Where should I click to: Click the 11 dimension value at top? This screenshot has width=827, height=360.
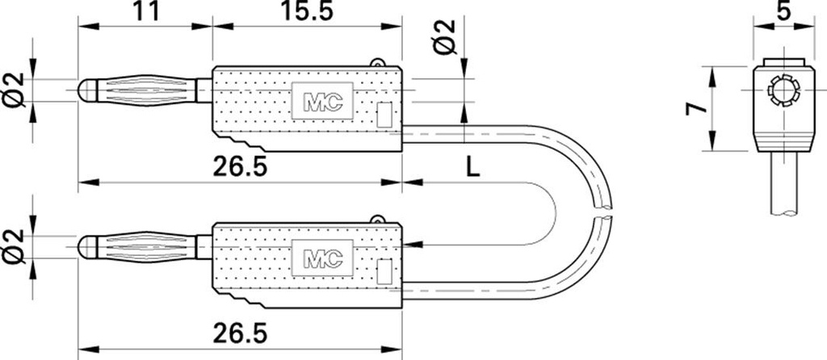pyautogui.click(x=145, y=10)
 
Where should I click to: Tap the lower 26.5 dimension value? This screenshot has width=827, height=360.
pyautogui.click(x=240, y=333)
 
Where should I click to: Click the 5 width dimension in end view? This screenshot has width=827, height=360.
pyautogui.click(x=783, y=10)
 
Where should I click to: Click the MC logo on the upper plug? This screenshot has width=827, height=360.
pyautogui.click(x=322, y=100)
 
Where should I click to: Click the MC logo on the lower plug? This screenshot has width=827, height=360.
pyautogui.click(x=322, y=257)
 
